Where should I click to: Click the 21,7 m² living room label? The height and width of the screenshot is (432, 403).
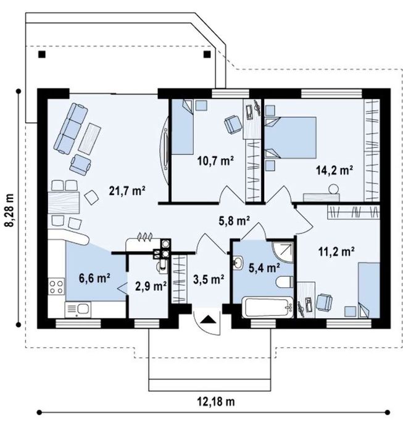pyautogui.click(x=127, y=190)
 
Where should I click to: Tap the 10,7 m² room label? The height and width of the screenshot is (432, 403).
pyautogui.click(x=215, y=160)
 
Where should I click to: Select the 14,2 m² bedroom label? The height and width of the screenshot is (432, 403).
pyautogui.click(x=334, y=170)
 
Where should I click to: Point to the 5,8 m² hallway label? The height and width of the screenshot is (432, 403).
pyautogui.click(x=234, y=221)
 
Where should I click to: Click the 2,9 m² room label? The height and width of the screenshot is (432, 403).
pyautogui.click(x=151, y=286)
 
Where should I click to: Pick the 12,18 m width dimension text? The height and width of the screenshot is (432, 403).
pyautogui.click(x=216, y=402)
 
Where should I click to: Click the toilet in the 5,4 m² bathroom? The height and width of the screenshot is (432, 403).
pyautogui.click(x=285, y=282)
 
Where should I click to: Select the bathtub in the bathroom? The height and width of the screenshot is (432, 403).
pyautogui.click(x=267, y=307)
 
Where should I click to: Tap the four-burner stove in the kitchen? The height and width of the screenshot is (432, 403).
pyautogui.click(x=56, y=287)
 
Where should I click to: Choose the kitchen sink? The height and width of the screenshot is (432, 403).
pyautogui.click(x=78, y=310)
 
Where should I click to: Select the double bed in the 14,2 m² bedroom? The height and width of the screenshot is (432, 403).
pyautogui.click(x=291, y=137)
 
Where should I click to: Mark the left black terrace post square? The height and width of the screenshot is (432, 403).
pyautogui.click(x=42, y=54)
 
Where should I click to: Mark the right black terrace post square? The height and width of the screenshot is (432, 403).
pyautogui.click(x=207, y=54)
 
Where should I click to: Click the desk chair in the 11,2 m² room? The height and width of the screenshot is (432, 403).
pyautogui.click(x=324, y=302)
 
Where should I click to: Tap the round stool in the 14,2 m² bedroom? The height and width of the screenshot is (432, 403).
pyautogui.click(x=333, y=189)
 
